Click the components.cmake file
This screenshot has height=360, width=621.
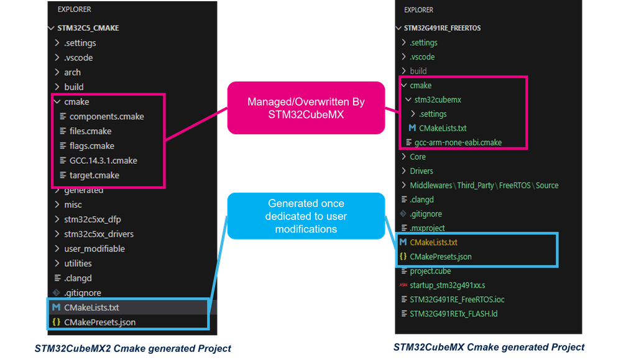(x=106, y=116)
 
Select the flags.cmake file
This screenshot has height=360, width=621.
(x=92, y=145)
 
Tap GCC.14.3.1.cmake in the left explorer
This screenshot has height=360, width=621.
(x=103, y=160)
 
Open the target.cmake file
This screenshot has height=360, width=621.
(x=94, y=175)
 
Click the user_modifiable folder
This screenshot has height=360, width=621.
(x=94, y=249)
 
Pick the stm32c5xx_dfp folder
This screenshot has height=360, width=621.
(x=92, y=219)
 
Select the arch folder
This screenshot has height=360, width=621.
(x=72, y=73)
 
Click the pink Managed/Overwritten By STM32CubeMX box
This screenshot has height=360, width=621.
(x=306, y=108)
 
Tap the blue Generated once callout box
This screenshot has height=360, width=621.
(x=306, y=216)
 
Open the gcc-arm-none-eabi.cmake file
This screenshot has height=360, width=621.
(x=458, y=142)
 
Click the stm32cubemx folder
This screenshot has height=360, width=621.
(x=438, y=100)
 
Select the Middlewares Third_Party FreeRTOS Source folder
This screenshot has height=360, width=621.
(x=484, y=185)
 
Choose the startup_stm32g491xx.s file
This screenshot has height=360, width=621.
(x=447, y=285)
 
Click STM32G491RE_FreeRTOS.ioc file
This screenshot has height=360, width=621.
(x=457, y=300)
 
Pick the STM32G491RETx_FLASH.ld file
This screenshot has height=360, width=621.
(x=453, y=313)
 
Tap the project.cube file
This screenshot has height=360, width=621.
(x=430, y=271)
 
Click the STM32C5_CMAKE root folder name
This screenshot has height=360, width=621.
(x=88, y=28)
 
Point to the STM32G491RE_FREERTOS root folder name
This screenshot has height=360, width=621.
(x=442, y=28)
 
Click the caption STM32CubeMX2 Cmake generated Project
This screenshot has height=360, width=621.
(x=132, y=349)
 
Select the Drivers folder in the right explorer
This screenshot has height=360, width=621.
(x=421, y=171)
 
